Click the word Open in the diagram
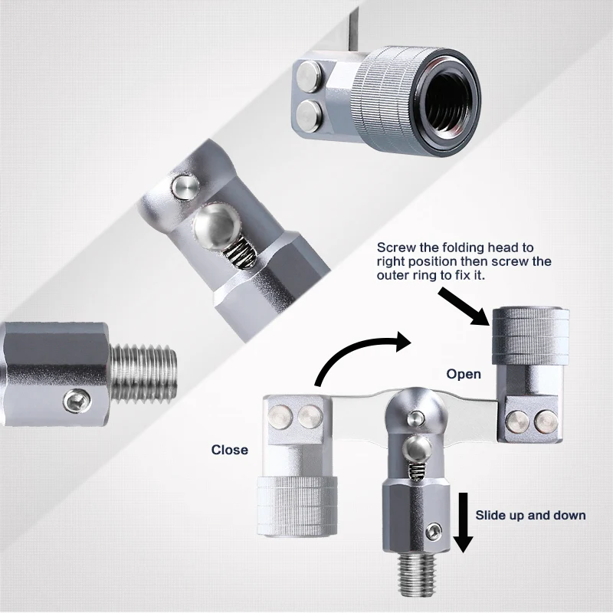pyautogui.click(x=464, y=374)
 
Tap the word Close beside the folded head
pyautogui.click(x=230, y=450)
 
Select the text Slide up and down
pyautogui.click(x=530, y=515)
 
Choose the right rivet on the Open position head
pyautogui.click(x=546, y=420)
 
